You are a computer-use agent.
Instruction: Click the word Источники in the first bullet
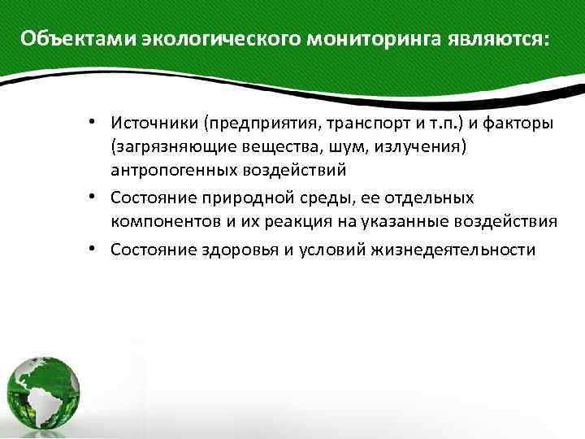click(x=154, y=124)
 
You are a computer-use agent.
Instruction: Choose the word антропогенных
click(x=173, y=170)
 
